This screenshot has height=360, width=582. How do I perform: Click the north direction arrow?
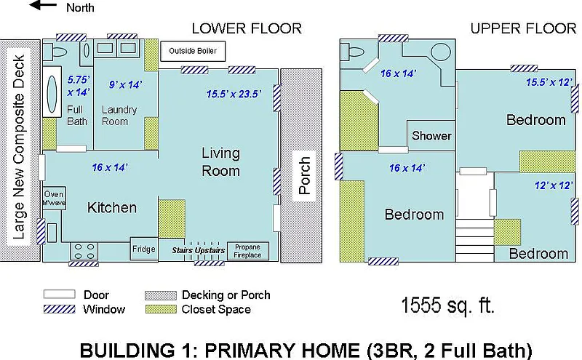43,5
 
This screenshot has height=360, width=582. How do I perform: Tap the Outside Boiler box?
193,51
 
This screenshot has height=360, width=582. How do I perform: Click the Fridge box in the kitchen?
144,249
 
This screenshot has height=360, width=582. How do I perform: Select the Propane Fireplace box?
247,251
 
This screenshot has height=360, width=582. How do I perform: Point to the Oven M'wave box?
54,199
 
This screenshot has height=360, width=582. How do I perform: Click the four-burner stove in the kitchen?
84,251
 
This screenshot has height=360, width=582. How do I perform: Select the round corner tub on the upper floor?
441,52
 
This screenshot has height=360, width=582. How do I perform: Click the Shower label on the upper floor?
431,136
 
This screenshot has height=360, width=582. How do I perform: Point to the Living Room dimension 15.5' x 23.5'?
234,94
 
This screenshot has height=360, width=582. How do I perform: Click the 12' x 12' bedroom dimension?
554,185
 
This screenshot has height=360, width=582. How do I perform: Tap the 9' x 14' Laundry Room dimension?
125,84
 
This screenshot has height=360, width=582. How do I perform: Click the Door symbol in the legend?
60,295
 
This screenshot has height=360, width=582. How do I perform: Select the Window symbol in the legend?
60,309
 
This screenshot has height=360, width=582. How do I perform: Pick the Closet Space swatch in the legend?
160,309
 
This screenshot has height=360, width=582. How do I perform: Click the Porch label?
304,175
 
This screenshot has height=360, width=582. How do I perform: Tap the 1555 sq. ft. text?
447,305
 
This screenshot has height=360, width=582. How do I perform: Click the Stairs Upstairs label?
198,250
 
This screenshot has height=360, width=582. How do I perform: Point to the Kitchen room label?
112,207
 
